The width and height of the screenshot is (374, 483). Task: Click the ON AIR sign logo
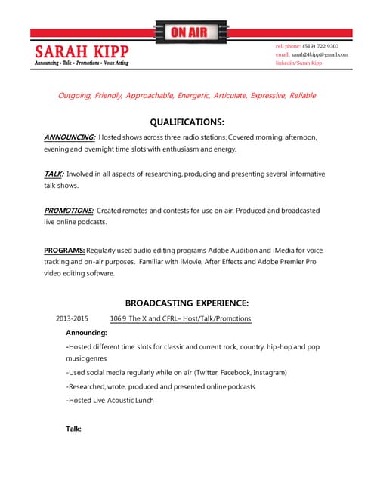coord(187,32)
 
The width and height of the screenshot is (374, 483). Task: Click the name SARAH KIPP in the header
coord(82,51)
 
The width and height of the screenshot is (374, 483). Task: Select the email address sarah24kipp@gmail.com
coord(321,54)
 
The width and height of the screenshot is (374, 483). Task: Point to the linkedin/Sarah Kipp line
coord(298,63)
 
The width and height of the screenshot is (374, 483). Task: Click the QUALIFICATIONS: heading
coord(187,122)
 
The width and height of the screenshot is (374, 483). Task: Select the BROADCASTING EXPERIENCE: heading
coord(187,303)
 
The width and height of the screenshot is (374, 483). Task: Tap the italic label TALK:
coord(54,174)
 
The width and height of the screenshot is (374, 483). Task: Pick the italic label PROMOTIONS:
coord(69,210)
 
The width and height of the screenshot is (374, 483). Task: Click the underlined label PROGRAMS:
coord(64,250)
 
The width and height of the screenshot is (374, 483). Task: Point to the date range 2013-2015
coord(72,318)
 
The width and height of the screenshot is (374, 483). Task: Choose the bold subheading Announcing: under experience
coord(86,332)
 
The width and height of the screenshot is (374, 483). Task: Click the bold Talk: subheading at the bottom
coord(73,429)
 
